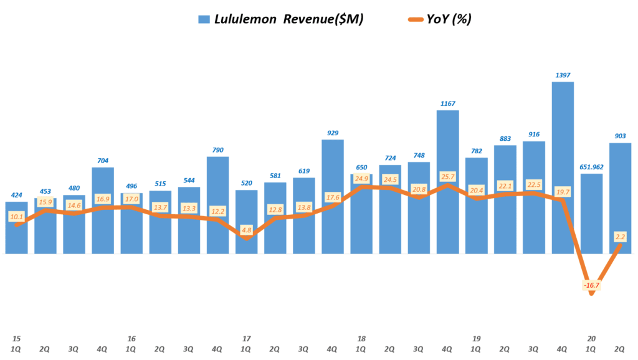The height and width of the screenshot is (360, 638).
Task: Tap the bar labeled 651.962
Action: tap(591, 212)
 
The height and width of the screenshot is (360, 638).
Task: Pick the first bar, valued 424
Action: tap(16, 237)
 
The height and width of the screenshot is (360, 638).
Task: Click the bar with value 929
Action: tap(333, 174)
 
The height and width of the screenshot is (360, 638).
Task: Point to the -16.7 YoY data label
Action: tap(591, 285)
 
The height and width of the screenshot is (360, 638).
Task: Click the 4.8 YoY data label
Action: tap(246, 230)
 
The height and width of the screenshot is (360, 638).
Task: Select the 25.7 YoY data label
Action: tap(448, 177)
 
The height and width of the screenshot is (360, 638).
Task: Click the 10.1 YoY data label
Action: tap(16, 217)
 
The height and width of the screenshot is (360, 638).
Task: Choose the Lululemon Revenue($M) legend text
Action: tap(288, 19)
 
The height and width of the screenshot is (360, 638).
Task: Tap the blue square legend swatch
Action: tap(204, 19)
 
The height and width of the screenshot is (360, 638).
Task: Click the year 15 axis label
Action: tap(16, 338)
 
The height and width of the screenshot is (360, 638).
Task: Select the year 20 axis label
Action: tap(591, 338)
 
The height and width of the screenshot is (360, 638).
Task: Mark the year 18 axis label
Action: tap(361, 338)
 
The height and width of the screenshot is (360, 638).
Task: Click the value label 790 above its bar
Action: tap(217, 149)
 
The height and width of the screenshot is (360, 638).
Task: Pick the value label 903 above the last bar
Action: tap(620, 136)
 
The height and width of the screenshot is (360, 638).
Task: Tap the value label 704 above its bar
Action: tap(102, 160)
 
